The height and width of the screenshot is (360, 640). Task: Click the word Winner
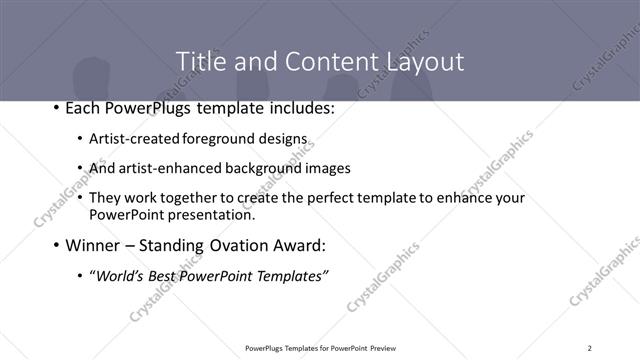point(96,245)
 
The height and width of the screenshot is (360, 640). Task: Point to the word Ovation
point(241,245)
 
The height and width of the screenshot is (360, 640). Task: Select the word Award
point(302,245)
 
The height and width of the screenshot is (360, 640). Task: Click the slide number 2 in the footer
point(590,348)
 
